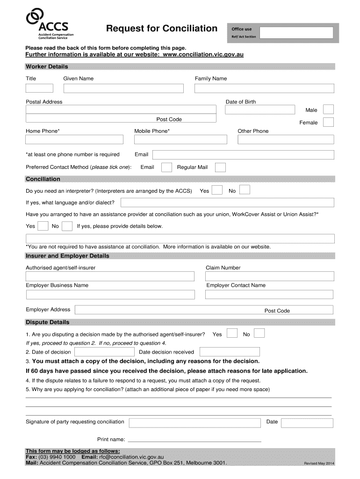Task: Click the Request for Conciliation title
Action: (x=161, y=29)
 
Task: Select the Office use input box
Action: (x=296, y=33)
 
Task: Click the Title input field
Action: (x=39, y=88)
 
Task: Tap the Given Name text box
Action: (x=123, y=88)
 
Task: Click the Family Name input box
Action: (x=264, y=88)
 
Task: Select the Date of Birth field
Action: (x=260, y=110)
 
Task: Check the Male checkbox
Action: (x=329, y=109)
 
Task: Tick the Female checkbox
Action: (x=329, y=122)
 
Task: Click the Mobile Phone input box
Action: (x=180, y=139)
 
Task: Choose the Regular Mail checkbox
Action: (x=220, y=167)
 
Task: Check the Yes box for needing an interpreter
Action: (x=217, y=190)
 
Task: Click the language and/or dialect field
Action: (x=227, y=203)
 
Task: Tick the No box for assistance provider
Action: (x=67, y=226)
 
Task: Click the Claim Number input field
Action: (x=270, y=276)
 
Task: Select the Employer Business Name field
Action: (x=110, y=295)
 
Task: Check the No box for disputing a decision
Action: (x=259, y=334)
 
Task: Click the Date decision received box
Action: (x=230, y=352)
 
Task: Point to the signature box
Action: (x=195, y=423)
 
